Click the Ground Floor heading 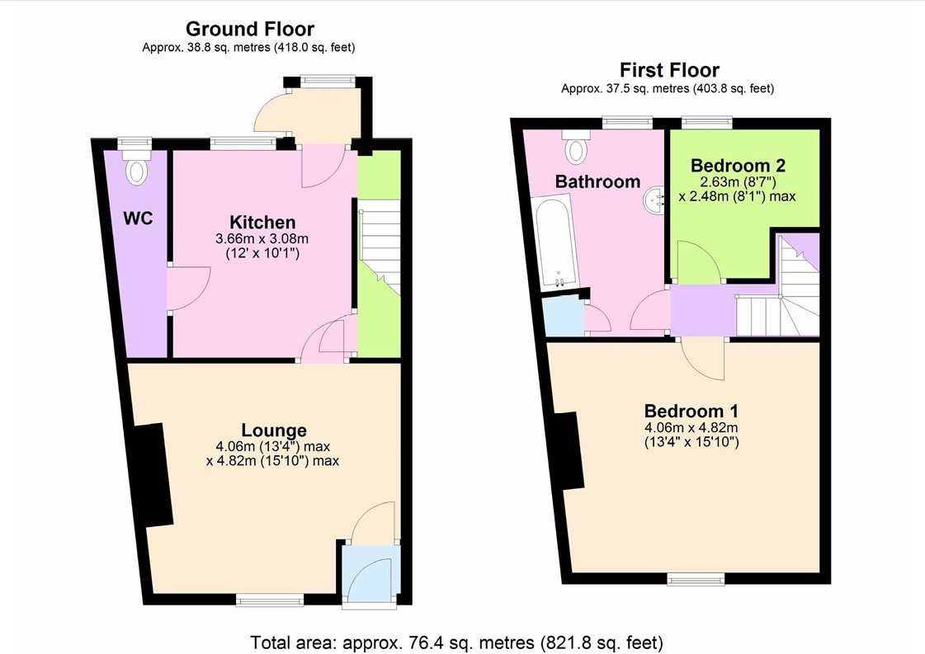point(249,28)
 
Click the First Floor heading point(669,70)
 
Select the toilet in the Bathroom point(576,146)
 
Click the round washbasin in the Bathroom point(654,200)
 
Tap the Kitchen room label point(262,223)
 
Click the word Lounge point(274,431)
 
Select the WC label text point(138,219)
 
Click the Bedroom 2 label point(738,165)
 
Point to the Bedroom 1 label point(691,411)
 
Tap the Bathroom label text point(597,181)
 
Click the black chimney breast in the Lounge point(152,475)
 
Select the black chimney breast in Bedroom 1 point(569,451)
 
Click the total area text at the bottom point(456,642)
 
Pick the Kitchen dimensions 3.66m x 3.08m point(262,239)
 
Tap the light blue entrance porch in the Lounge point(371,574)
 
